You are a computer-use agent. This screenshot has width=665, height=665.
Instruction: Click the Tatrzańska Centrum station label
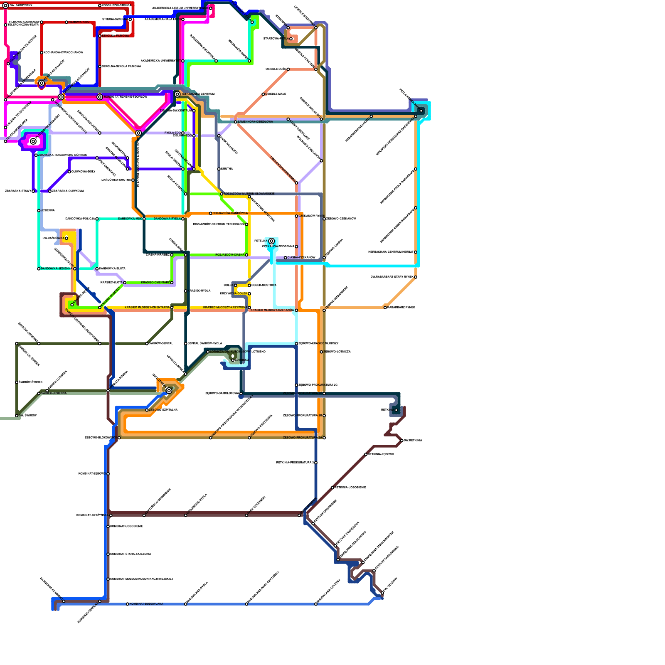pyautogui.click(x=198, y=94)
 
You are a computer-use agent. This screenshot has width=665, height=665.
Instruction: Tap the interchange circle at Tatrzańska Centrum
pyautogui.click(x=177, y=94)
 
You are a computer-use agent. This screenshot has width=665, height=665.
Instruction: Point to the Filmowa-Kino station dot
pyautogui.click(x=66, y=22)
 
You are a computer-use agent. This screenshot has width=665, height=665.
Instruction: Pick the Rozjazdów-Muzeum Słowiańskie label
pyautogui.click(x=249, y=194)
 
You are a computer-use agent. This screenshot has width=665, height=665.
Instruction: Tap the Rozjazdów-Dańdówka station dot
pyautogui.click(x=211, y=213)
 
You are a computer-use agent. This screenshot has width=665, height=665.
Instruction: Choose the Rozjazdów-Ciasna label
pyautogui.click(x=230, y=255)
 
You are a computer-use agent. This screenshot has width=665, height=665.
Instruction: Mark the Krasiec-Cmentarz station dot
pyautogui.click(x=172, y=283)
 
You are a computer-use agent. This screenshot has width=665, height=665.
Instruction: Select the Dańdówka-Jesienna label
pyautogui.click(x=57, y=268)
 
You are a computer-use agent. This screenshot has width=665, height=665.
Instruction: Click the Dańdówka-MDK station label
pyautogui.click(x=130, y=219)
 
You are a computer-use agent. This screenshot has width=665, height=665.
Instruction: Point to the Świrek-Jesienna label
pyautogui.click(x=54, y=393)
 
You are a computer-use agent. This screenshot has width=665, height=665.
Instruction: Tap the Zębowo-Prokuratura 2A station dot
pyautogui.click(x=324, y=438)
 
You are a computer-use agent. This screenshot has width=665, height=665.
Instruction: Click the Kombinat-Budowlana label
pyautogui.click(x=146, y=604)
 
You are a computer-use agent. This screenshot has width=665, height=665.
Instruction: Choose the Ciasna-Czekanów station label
pyautogui.click(x=301, y=258)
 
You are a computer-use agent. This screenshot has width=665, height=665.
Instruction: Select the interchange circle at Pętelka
pyautogui.click(x=271, y=241)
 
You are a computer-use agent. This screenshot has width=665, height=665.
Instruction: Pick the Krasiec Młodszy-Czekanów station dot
pyautogui.click(x=296, y=310)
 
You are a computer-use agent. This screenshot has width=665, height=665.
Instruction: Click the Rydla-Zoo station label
pyautogui.click(x=172, y=133)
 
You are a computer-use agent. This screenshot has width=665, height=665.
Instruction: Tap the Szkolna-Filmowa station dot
pyautogui.click(x=100, y=36)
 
